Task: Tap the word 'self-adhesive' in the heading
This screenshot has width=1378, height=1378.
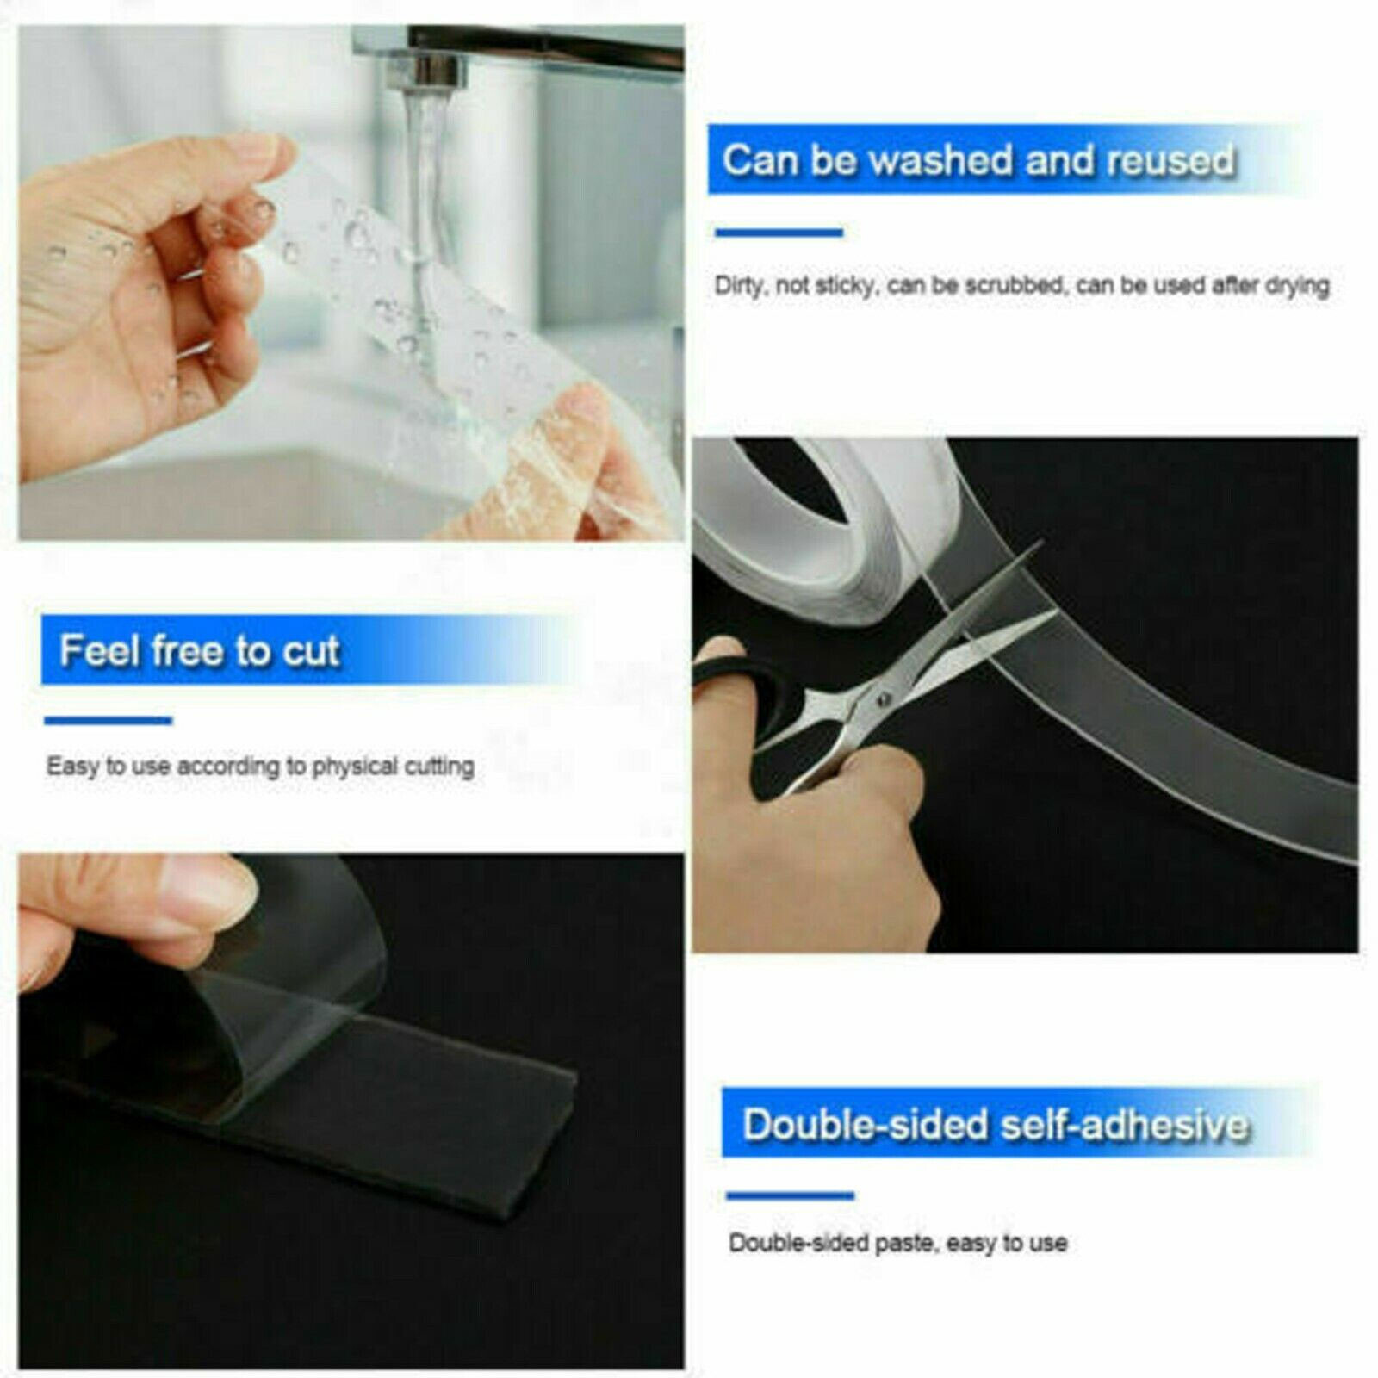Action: (1122, 1125)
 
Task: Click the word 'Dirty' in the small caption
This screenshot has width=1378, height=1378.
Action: (738, 286)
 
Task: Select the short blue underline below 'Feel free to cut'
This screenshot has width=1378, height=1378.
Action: (109, 721)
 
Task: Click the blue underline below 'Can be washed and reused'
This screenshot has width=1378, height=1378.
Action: (779, 232)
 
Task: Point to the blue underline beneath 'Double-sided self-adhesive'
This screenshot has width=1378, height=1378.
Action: (790, 1195)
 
